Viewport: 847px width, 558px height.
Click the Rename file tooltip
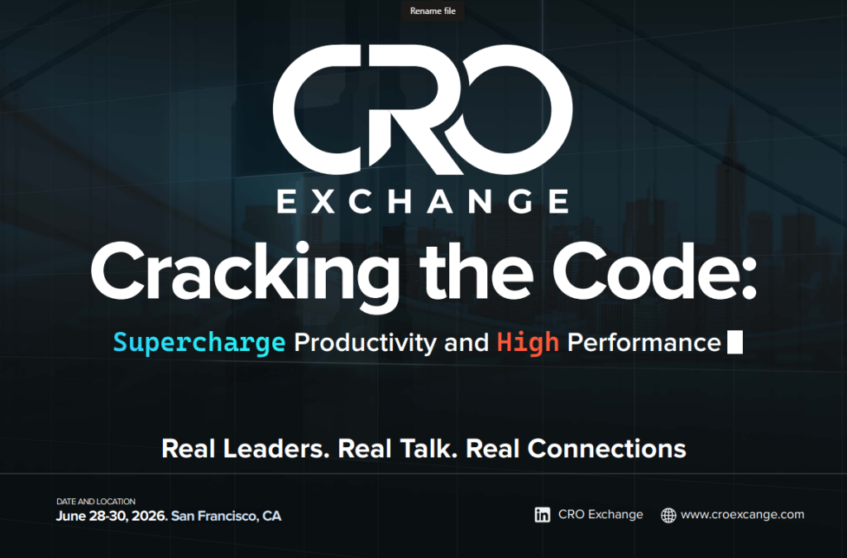click(433, 12)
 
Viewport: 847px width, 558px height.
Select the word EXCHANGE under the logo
click(423, 201)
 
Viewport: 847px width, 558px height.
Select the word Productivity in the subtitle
click(365, 342)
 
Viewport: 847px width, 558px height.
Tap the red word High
click(528, 342)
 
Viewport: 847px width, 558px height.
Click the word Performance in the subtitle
click(644, 342)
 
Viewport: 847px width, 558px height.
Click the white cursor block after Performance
click(734, 342)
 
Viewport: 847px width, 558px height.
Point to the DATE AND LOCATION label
click(96, 502)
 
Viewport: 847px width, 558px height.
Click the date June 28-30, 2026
click(112, 516)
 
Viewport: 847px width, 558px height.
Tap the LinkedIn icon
click(543, 515)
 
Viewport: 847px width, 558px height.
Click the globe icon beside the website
click(668, 515)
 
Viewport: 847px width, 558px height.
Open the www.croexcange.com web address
click(742, 514)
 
